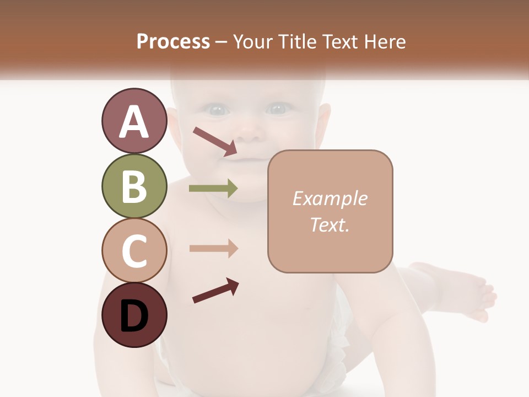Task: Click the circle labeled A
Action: tap(134, 121)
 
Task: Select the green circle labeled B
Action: tap(134, 186)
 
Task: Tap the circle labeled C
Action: tap(134, 250)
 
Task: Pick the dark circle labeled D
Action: tap(134, 315)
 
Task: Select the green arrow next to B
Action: tap(213, 189)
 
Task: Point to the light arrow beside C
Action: tap(213, 249)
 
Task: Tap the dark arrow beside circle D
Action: tap(215, 291)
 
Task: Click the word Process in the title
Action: tap(173, 41)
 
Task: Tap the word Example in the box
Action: tap(330, 198)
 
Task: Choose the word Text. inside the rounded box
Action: tap(330, 224)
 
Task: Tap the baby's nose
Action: tap(249, 132)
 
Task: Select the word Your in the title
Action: tap(252, 41)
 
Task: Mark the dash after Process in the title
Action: tap(222, 42)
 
